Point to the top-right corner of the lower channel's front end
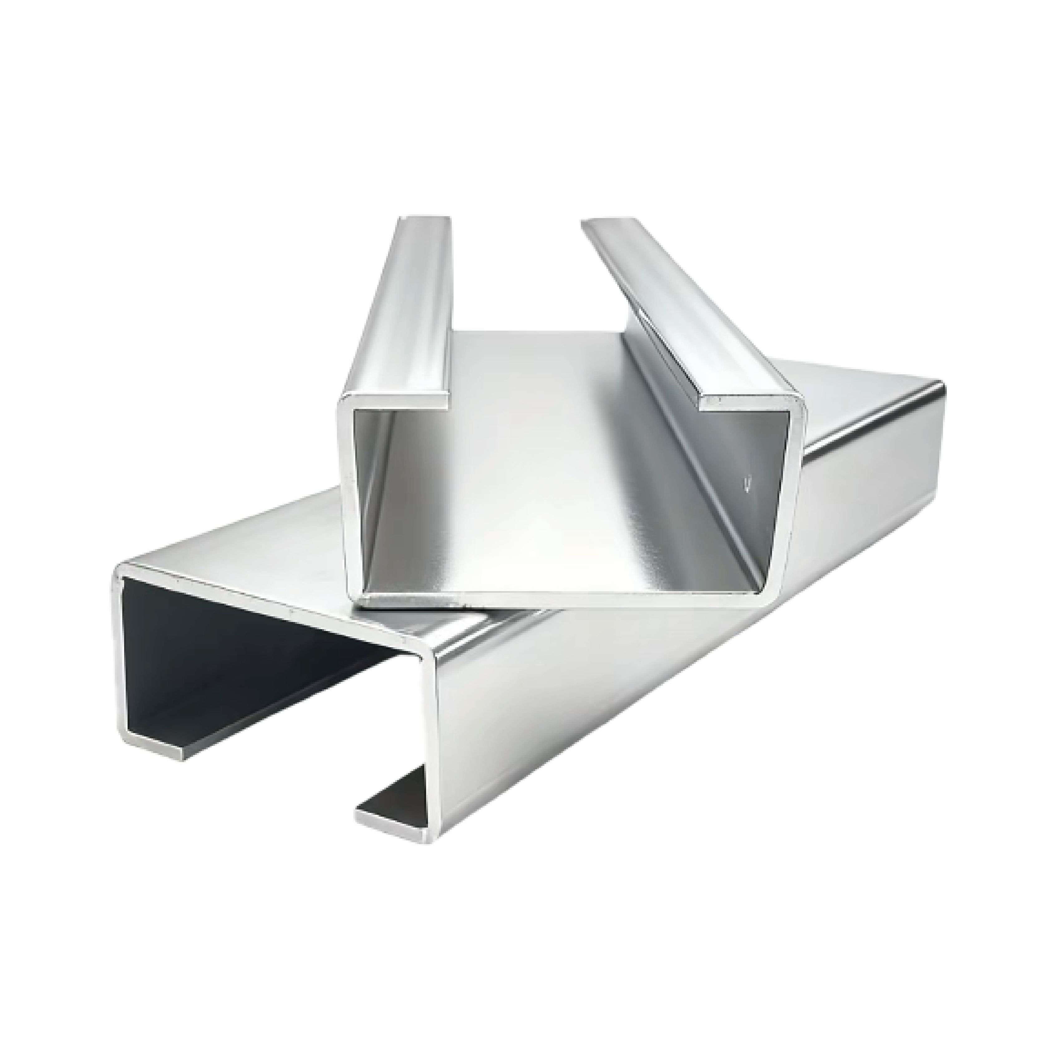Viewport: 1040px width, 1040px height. coord(428,659)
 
